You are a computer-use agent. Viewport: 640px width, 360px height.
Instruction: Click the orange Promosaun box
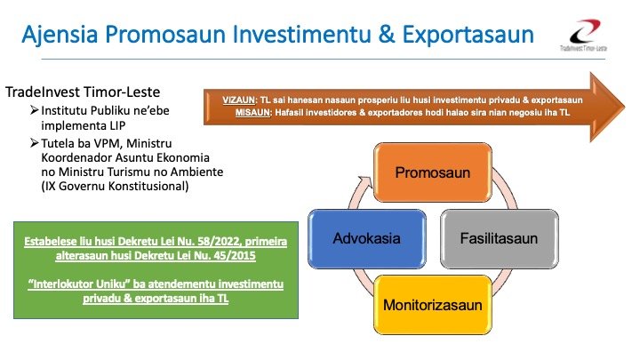coord(432,171)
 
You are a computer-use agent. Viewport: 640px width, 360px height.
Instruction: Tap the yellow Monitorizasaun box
coord(432,305)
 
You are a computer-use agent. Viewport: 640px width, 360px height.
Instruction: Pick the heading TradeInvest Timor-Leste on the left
coord(89,92)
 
